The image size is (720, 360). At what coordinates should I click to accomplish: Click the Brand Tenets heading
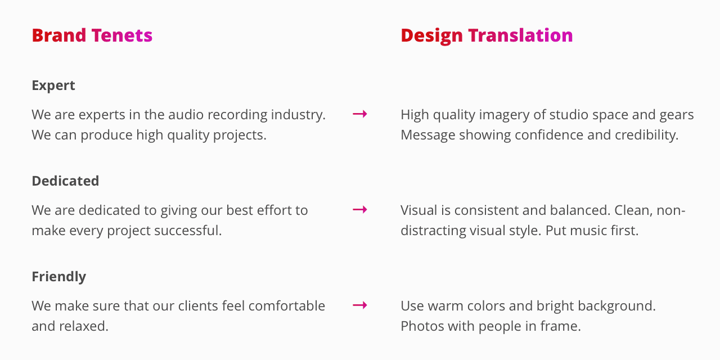[x=92, y=35]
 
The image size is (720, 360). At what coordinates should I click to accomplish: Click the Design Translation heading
[x=487, y=36]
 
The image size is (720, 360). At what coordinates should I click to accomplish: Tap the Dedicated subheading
[x=65, y=181]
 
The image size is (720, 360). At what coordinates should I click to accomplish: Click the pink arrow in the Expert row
[x=360, y=114]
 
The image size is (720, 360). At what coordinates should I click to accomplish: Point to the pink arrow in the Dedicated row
[x=360, y=210]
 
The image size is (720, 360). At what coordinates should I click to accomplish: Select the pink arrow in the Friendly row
[x=360, y=305]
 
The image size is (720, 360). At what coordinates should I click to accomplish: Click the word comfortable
[x=287, y=305]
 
